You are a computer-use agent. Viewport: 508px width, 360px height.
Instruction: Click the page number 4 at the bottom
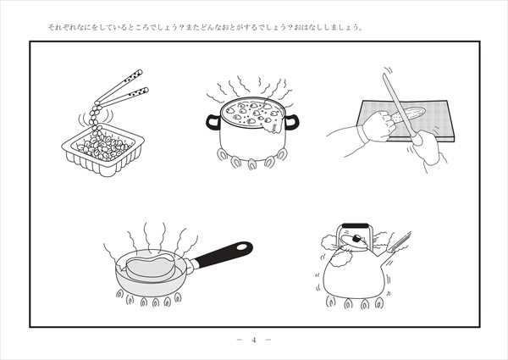click(x=254, y=340)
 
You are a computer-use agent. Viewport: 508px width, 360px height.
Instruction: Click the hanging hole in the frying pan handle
click(x=241, y=246)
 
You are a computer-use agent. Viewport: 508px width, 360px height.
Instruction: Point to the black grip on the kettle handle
click(x=356, y=225)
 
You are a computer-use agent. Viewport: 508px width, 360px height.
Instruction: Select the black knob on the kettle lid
click(x=356, y=239)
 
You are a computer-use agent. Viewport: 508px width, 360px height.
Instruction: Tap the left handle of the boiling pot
click(x=213, y=122)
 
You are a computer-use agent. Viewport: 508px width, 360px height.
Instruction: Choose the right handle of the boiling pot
click(x=291, y=122)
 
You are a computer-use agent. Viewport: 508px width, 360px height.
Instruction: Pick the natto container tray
click(x=103, y=150)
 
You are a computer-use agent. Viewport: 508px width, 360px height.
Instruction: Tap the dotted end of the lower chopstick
click(x=140, y=92)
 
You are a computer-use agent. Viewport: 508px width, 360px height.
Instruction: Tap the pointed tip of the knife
click(x=384, y=75)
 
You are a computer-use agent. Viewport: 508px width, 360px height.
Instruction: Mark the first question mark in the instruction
click(x=181, y=28)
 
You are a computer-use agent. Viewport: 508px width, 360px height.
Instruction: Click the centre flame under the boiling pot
click(x=252, y=164)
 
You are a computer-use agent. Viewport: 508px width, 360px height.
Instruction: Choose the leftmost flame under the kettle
click(x=330, y=302)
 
